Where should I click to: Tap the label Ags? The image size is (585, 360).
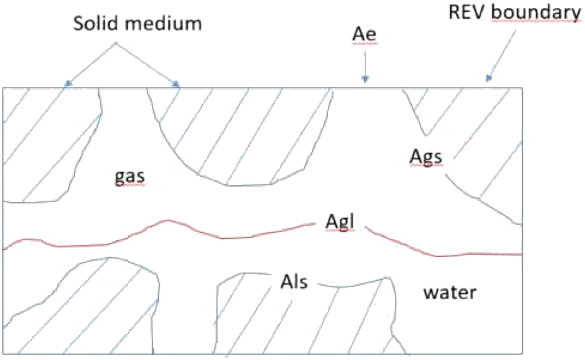point(426,157)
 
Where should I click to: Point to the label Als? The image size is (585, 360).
point(294,282)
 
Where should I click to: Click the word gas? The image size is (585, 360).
point(130,178)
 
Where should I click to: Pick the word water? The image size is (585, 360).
point(449,292)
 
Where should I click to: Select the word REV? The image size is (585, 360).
point(468,14)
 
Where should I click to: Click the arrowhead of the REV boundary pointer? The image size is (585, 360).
point(489,78)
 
